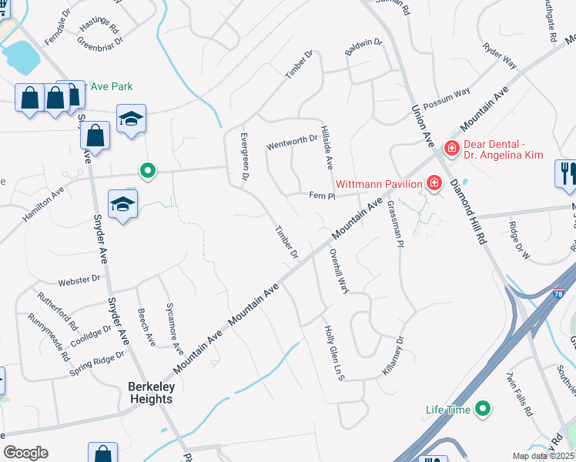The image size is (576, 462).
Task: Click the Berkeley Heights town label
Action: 151,392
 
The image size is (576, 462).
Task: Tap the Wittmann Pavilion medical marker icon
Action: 434,182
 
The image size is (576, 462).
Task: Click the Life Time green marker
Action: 483,408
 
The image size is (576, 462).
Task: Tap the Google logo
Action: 25,453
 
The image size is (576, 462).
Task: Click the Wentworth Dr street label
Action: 292,142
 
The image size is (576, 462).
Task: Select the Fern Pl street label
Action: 322,196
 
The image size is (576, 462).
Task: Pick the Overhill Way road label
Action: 340,270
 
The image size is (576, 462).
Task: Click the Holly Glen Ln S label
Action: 333,353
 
